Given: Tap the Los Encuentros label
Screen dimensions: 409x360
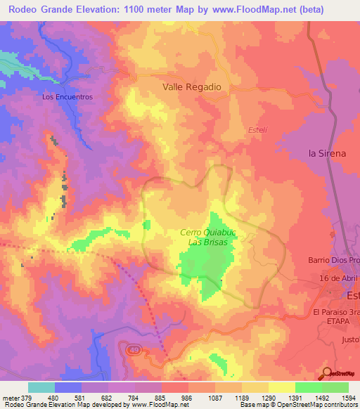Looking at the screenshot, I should click(x=67, y=97).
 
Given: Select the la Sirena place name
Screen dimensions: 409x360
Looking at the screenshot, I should click(x=328, y=152).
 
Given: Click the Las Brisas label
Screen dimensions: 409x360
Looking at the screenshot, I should click(x=207, y=242).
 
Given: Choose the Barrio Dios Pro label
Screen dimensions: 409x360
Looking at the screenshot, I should click(x=333, y=260).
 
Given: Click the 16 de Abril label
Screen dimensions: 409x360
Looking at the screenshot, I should click(x=339, y=279).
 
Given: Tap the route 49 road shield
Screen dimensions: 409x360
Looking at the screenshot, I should click(x=133, y=349).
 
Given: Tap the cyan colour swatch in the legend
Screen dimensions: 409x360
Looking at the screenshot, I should click(x=41, y=387).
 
